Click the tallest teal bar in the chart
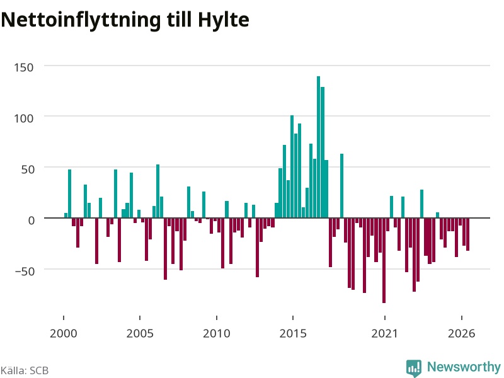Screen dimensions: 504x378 point(318,147)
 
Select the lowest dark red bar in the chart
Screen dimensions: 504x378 point(384,260)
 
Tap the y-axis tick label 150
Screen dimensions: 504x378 point(23,67)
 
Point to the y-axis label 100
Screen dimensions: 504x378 point(23,118)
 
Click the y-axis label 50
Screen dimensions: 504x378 point(27,169)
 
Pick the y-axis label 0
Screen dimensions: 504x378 point(31,220)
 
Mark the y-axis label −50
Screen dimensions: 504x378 point(25,271)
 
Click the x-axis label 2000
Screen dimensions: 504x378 point(64,333)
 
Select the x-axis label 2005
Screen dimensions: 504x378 point(140,333)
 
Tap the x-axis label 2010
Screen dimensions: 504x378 point(216,333)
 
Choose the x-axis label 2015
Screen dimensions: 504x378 point(293,333)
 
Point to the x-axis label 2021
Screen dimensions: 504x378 point(384,333)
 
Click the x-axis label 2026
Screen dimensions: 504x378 point(461,333)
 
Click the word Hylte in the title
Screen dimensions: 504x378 point(224,20)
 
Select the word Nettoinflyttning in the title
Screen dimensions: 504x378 point(81,20)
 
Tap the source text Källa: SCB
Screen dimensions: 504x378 point(25,370)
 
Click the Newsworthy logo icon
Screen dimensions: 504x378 point(414,368)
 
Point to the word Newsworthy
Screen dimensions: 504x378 point(464,367)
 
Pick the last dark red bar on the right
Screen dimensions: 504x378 point(467,234)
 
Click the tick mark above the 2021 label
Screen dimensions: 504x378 point(384,318)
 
